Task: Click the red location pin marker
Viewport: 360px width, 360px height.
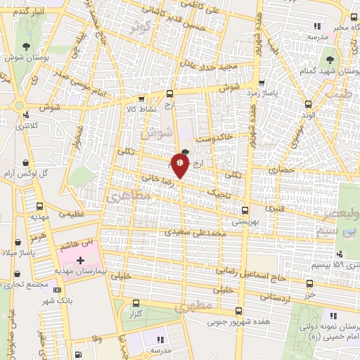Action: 180,166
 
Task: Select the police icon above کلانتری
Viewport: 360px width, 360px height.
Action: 27,115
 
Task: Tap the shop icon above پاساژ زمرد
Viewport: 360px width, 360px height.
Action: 262,82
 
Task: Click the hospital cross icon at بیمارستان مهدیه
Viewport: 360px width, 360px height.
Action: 80,261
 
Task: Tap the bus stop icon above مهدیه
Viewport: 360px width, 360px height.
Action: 39,207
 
